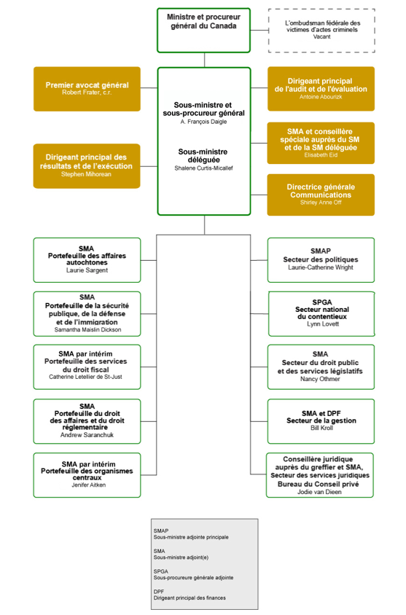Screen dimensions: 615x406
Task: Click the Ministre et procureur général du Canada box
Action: (203, 30)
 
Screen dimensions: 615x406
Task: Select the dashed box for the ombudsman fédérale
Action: (321, 30)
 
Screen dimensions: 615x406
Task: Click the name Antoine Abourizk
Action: (320, 97)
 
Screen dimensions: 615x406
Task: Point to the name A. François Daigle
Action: (203, 122)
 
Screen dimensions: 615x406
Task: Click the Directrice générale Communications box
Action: (321, 195)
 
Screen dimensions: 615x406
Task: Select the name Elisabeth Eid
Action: (320, 154)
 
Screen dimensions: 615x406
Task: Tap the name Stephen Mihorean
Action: (87, 174)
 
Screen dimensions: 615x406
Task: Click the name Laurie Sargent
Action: (87, 270)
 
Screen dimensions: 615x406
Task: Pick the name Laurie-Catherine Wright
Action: (320, 267)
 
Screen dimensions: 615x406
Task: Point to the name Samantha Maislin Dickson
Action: (87, 329)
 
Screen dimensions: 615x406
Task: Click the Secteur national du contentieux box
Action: (321, 313)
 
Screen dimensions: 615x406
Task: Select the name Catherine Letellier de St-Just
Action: (87, 377)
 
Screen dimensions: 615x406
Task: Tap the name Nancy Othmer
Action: (320, 379)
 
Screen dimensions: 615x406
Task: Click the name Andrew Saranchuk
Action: (87, 435)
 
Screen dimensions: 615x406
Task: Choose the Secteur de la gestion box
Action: (321, 420)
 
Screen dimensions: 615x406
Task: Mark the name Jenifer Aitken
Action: (87, 485)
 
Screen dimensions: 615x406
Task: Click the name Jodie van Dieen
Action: (320, 492)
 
